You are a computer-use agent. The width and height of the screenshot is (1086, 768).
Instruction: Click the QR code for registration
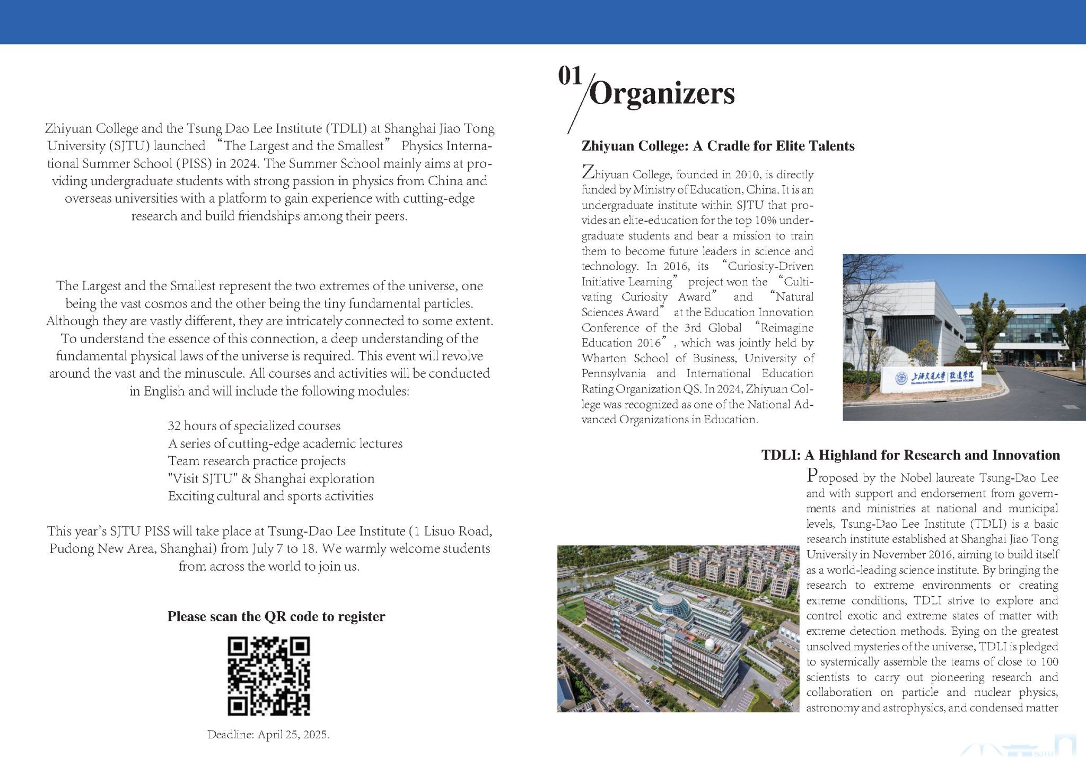(x=269, y=676)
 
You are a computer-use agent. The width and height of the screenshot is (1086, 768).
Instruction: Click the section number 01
(x=570, y=76)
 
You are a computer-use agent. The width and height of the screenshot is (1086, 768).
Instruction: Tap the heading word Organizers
(x=662, y=94)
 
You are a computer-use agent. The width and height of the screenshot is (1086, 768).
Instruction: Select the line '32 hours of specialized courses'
(x=254, y=426)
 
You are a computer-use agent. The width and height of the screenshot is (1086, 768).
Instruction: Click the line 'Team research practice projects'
(x=257, y=461)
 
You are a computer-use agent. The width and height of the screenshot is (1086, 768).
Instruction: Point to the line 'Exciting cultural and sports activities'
(x=270, y=496)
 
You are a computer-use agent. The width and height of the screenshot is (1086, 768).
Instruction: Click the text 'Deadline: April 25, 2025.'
(x=268, y=735)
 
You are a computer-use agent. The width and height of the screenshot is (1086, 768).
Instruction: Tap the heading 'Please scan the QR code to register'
(x=276, y=616)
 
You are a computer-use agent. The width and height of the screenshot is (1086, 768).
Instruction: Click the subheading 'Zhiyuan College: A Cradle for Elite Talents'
(x=717, y=146)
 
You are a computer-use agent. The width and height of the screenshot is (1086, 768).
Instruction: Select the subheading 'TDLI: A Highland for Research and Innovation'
(x=910, y=455)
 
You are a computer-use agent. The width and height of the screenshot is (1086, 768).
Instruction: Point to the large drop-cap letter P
(x=812, y=475)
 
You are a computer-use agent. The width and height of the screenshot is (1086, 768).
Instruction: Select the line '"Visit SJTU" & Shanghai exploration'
(x=271, y=478)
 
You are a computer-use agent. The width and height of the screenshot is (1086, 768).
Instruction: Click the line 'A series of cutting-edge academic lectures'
(x=285, y=443)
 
